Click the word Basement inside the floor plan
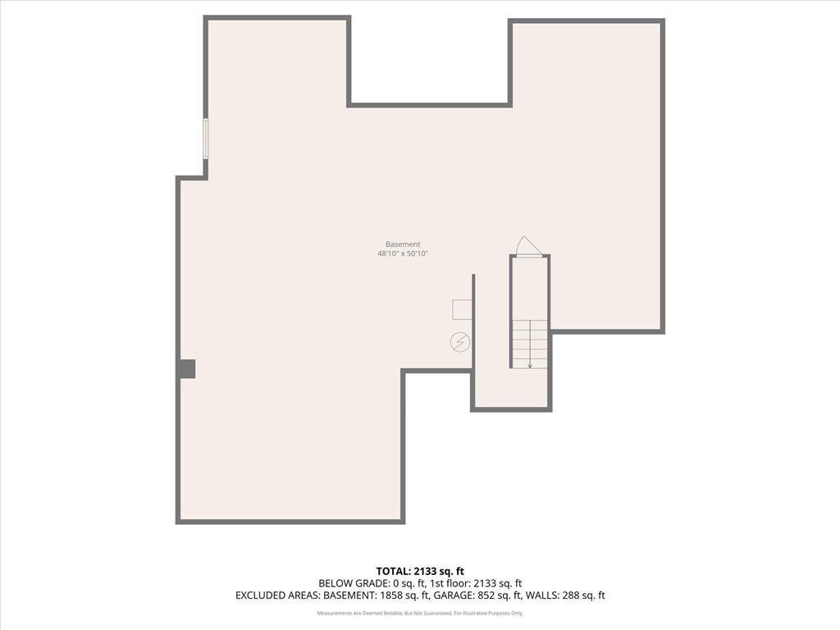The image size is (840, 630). tap(403, 244)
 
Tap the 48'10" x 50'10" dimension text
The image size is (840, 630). tap(403, 254)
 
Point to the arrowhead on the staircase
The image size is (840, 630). tap(530, 365)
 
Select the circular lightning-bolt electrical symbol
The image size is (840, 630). tap(460, 341)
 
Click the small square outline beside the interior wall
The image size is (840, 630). tap(462, 309)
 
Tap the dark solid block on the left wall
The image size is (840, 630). tap(187, 369)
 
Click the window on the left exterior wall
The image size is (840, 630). tap(206, 138)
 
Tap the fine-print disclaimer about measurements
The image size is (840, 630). tap(420, 614)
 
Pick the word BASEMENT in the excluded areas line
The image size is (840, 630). tap(349, 596)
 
